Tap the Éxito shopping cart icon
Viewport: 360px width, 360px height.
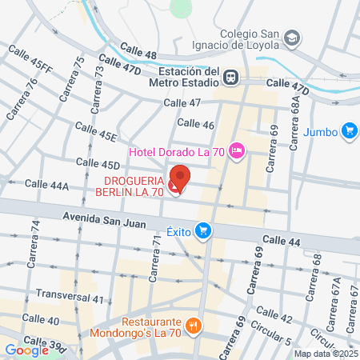(x=203, y=230)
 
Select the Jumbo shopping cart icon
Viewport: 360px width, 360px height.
(x=348, y=130)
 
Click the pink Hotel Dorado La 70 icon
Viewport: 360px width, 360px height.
(x=236, y=150)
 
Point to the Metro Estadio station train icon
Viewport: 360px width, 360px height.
(x=230, y=77)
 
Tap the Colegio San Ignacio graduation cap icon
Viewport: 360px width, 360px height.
(x=293, y=38)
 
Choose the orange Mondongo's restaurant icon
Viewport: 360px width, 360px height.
(x=193, y=326)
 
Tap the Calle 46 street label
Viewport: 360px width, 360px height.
(x=196, y=124)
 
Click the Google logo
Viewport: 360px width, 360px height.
(x=26, y=350)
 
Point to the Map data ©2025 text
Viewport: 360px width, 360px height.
(x=325, y=354)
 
